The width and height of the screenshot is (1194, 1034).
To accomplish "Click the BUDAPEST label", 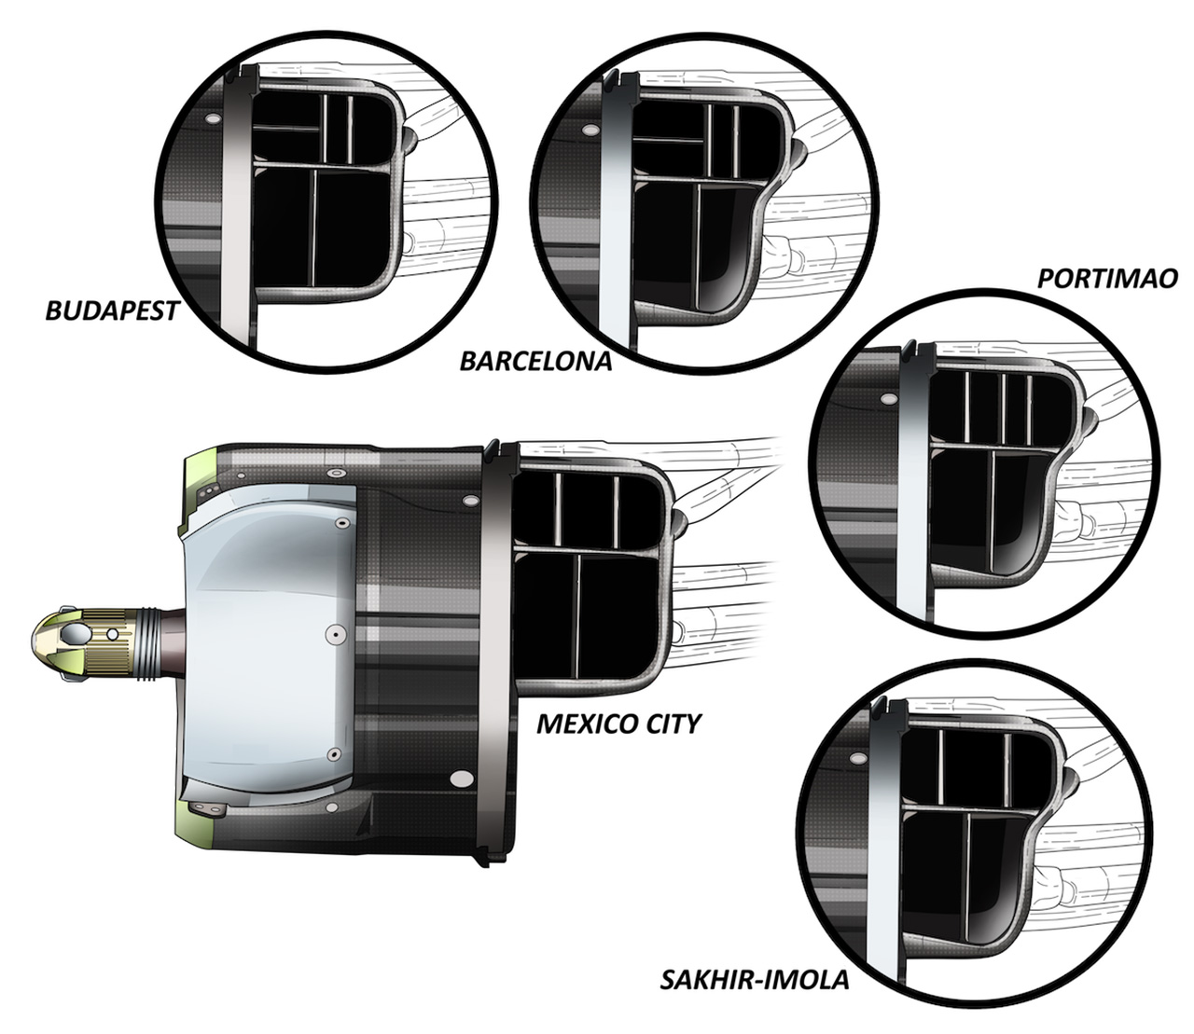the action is pos(112,310).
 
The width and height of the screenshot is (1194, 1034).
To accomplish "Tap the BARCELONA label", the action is pos(535,362).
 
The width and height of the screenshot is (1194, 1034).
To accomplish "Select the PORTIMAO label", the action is pos(1107,279).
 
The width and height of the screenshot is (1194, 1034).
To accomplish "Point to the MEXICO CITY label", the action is pos(618,724).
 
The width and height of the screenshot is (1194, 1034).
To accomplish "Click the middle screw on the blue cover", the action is pos(335,635).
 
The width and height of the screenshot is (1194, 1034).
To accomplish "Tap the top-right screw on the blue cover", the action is pos(343,523).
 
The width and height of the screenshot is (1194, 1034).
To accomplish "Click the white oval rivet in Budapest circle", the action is pos(213,118).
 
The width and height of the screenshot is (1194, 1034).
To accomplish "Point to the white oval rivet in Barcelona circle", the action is pos(590,131).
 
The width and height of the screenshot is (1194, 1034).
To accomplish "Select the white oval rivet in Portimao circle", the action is pos(888,398).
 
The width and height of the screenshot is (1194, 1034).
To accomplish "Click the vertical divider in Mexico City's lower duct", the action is pos(577,614).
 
